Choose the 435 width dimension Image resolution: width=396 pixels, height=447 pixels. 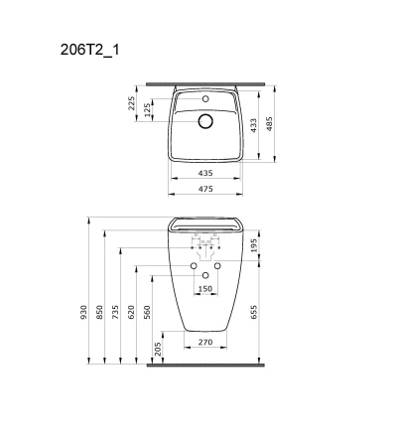tap(205, 173)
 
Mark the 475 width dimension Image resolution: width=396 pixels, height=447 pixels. tap(205, 187)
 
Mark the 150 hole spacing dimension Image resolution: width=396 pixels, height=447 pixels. tap(205, 289)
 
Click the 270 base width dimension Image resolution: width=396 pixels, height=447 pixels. tap(205, 341)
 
